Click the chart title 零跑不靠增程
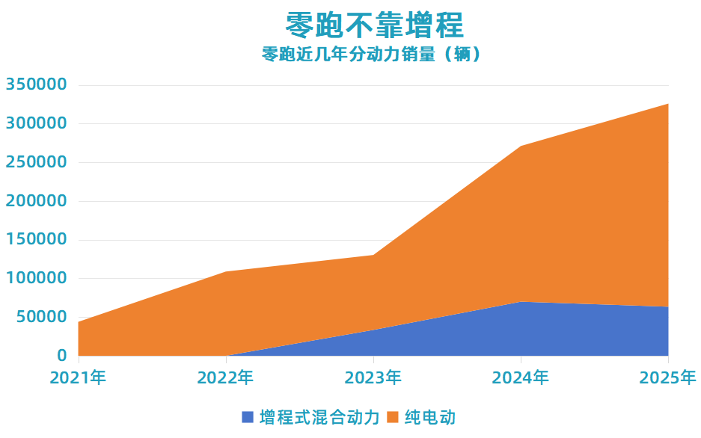375,25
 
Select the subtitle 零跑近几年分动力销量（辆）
371,55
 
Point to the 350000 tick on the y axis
37,84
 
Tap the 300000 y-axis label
37,123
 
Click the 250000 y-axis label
37,162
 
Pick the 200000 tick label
37,201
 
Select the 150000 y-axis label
37,240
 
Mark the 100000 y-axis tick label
37,278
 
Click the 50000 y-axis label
41,317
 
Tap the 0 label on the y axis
62,356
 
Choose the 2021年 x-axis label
78,378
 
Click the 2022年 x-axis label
225,378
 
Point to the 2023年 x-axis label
373,378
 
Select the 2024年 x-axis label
520,378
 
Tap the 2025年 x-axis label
667,378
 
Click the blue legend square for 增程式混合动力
248,417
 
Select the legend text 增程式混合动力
319,417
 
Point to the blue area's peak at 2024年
521,302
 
